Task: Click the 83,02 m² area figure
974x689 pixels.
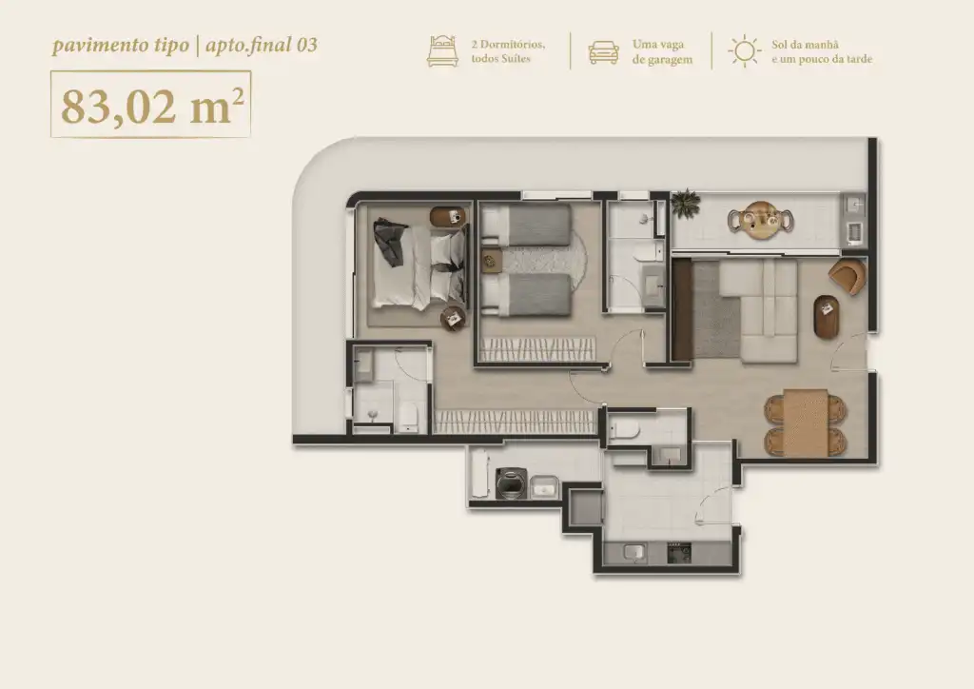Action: click(x=151, y=106)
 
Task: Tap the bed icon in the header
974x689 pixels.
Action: click(x=442, y=51)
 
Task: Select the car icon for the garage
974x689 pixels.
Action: click(x=603, y=52)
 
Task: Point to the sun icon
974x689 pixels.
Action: click(x=744, y=51)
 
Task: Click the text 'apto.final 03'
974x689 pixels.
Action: click(x=262, y=46)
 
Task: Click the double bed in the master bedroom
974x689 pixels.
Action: click(x=419, y=266)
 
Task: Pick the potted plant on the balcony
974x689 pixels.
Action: click(x=685, y=204)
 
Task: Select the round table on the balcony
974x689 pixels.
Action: click(x=761, y=220)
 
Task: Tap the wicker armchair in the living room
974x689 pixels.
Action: click(x=848, y=276)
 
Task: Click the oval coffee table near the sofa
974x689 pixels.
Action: click(x=827, y=317)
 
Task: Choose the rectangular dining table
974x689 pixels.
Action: click(x=805, y=423)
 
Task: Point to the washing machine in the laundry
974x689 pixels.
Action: click(x=512, y=483)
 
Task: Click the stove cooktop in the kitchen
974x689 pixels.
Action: click(x=679, y=552)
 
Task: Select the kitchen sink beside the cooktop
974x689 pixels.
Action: click(x=634, y=552)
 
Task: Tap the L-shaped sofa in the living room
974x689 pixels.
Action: click(x=758, y=310)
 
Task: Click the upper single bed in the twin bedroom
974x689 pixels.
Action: click(x=526, y=225)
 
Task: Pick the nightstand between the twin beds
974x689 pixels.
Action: click(x=492, y=260)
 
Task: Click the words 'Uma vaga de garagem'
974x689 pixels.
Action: click(x=662, y=52)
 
